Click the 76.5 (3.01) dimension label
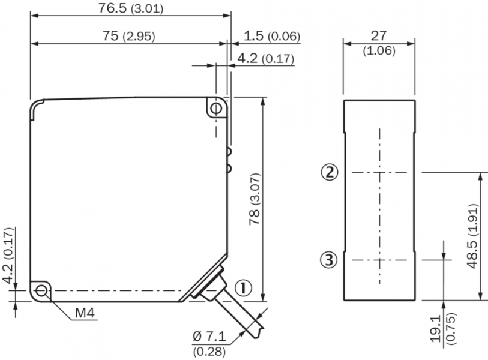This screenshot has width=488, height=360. click(131, 8)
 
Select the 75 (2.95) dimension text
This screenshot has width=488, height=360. click(129, 36)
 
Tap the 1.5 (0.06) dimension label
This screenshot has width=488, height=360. click(272, 36)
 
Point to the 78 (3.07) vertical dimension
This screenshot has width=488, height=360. click(255, 199)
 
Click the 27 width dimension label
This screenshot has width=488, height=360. click(378, 36)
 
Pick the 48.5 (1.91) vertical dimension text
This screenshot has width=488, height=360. click(472, 236)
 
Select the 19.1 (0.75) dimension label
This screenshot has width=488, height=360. click(443, 329)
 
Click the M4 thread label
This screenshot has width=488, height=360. click(85, 313)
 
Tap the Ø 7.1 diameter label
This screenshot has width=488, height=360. click(209, 337)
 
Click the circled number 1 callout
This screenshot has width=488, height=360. click(243, 288)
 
